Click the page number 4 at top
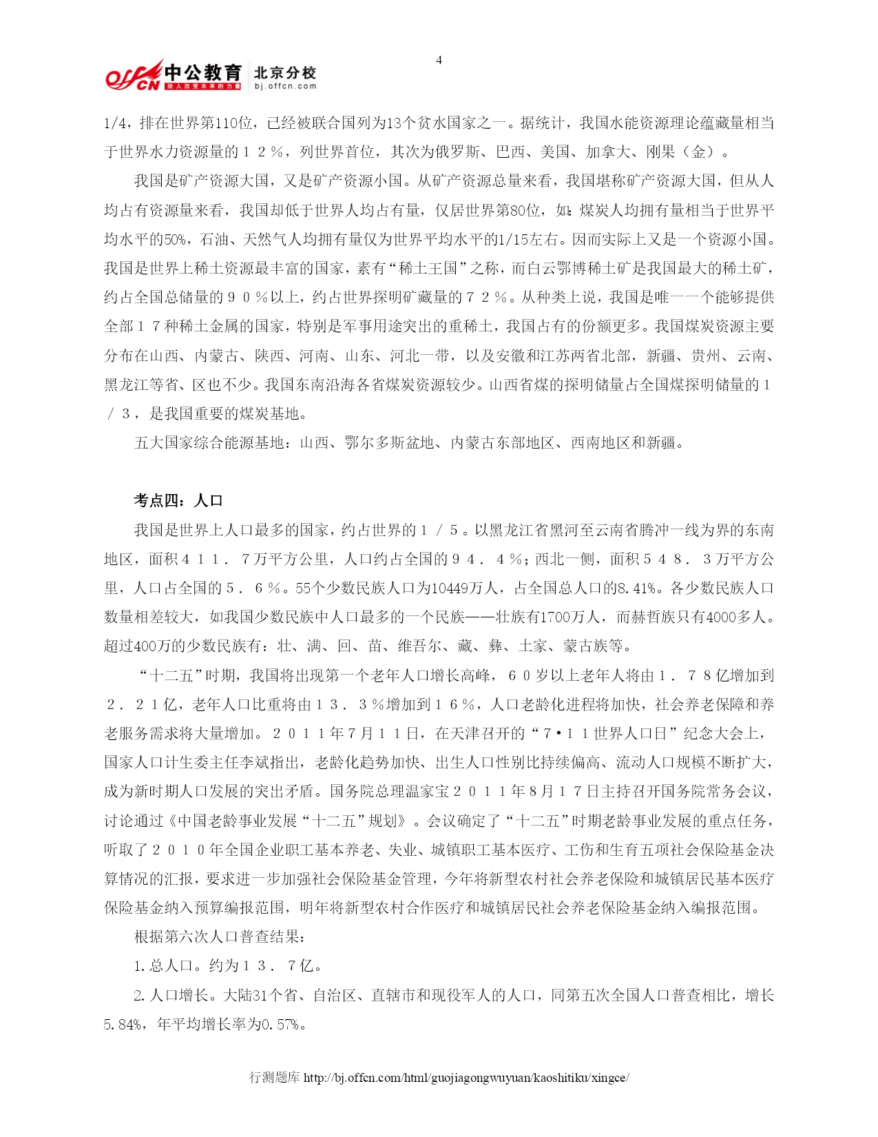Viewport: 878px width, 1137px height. point(439,60)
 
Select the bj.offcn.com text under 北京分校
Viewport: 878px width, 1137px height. point(285,86)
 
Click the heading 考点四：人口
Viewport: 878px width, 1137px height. point(178,501)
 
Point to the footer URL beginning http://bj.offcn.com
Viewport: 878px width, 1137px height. point(466,1077)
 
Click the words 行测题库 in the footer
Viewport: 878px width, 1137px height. point(274,1077)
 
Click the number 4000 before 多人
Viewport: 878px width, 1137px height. point(720,617)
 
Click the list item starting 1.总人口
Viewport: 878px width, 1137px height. point(227,965)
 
